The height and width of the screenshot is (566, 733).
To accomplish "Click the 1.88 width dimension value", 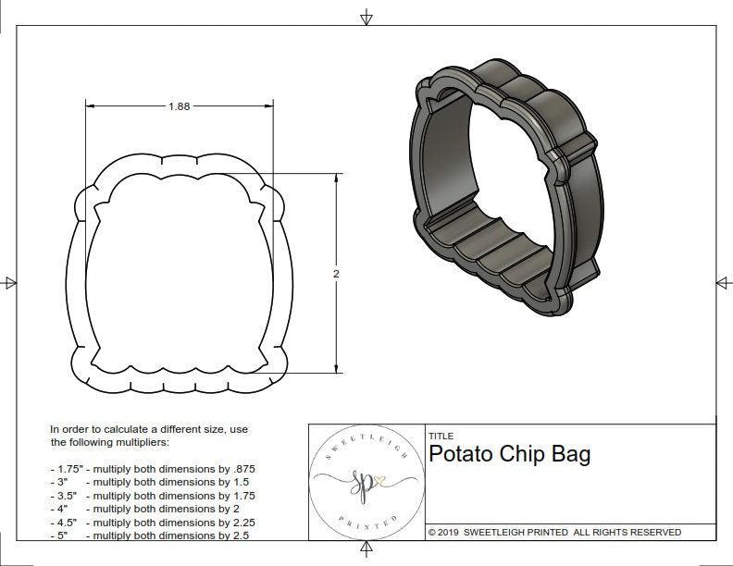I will click(x=179, y=106).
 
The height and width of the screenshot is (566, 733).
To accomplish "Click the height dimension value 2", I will click(x=336, y=274).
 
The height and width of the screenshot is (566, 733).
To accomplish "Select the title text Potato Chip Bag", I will click(x=509, y=455).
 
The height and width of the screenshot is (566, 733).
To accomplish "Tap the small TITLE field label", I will click(x=441, y=436).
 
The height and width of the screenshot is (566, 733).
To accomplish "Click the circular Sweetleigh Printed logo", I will click(x=366, y=481).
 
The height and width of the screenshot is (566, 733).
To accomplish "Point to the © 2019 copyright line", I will click(x=554, y=532).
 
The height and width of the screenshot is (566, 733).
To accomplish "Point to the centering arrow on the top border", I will click(x=366, y=17).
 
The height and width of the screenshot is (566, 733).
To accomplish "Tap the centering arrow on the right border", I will click(x=723, y=282).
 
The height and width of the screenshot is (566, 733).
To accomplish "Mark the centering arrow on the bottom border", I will click(x=366, y=550).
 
